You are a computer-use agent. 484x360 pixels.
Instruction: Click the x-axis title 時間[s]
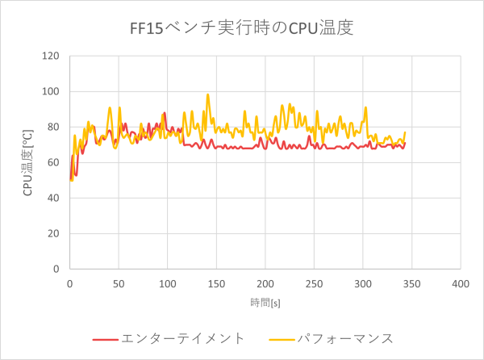(265, 301)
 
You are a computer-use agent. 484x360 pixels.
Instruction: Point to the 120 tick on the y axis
(52, 56)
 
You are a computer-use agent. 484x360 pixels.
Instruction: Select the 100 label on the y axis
(52, 91)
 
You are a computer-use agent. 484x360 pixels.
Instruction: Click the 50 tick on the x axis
(119, 284)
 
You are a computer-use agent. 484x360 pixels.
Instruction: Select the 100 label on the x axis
(167, 284)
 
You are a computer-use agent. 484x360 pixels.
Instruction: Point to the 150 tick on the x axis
(216, 284)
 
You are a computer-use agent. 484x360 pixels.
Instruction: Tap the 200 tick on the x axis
(265, 284)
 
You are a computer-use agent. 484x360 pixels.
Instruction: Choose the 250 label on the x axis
(314, 284)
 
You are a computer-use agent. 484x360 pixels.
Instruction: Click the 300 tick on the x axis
(362, 284)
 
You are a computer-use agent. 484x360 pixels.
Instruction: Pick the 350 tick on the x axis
(411, 284)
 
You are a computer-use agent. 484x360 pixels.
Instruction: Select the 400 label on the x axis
(460, 284)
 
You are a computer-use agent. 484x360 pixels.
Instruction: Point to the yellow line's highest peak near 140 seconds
(207, 94)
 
